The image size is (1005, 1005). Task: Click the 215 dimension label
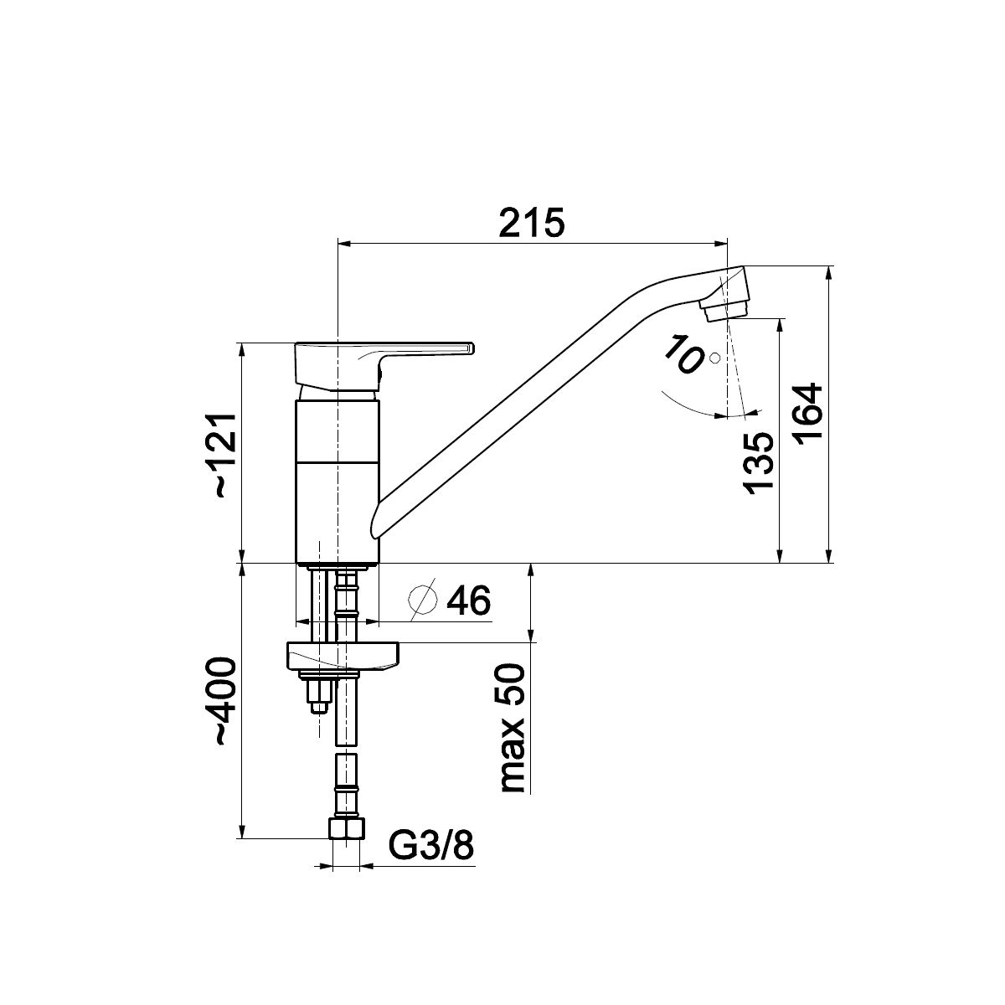(532, 223)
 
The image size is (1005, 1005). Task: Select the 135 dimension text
(758, 462)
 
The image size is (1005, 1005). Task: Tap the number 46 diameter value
(469, 600)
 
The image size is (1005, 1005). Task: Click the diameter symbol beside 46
(422, 600)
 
